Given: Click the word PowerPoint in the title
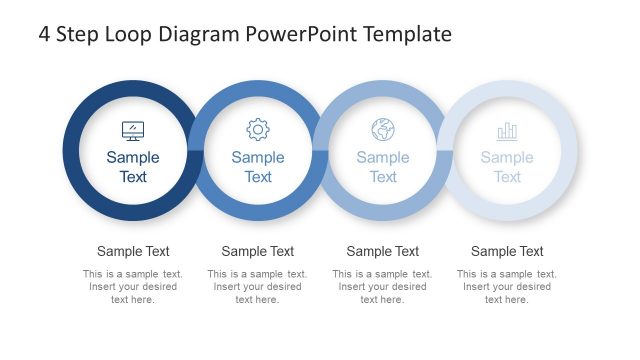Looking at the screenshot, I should click(291, 34).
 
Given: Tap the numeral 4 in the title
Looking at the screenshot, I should click(45, 34).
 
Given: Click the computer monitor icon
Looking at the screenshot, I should click(133, 130).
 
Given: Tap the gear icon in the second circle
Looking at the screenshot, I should click(258, 129).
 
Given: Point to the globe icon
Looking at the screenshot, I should click(383, 129).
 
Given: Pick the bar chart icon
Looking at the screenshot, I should click(507, 131).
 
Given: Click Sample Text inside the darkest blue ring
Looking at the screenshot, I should click(133, 167).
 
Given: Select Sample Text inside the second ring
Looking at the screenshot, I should click(258, 167).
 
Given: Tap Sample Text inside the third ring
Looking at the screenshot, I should click(383, 167).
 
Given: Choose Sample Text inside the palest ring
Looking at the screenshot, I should click(507, 167).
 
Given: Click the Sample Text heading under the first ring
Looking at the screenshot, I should click(133, 251).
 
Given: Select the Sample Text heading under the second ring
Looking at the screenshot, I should click(258, 251).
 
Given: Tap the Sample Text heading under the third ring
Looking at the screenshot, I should click(383, 251).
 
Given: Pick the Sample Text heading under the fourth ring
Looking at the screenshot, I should click(507, 251).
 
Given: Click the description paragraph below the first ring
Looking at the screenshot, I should click(133, 286).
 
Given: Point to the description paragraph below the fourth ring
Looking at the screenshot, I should click(507, 286).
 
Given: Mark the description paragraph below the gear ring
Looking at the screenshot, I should click(258, 286).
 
